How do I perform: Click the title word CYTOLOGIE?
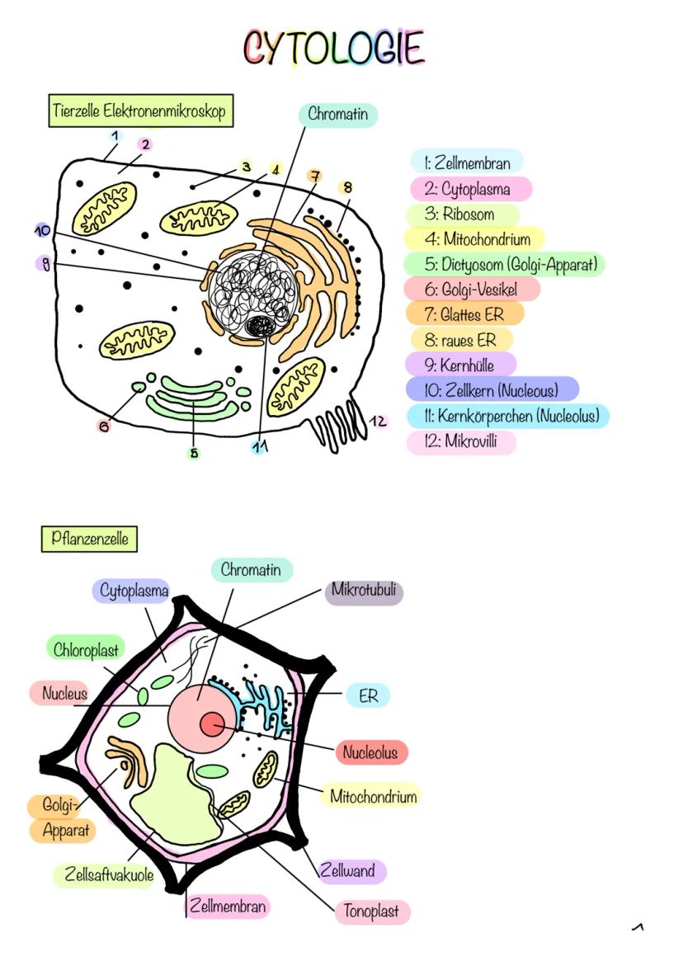point(334,48)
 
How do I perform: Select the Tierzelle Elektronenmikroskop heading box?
point(139,111)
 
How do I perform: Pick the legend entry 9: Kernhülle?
point(462,364)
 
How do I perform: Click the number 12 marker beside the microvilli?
point(379,422)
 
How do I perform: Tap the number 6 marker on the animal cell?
point(104,426)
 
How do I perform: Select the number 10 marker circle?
point(43,231)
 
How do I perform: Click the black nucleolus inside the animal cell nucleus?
point(264,326)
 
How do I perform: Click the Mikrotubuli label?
point(364,591)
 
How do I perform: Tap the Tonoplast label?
point(372,911)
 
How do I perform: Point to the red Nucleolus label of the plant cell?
point(371,752)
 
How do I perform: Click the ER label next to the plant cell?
point(368,695)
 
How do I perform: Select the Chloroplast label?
point(86,649)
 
